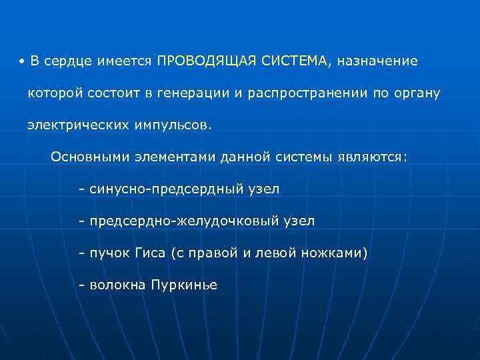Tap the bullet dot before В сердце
pos(22,62)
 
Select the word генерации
pos(193,93)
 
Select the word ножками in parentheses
pos(335,253)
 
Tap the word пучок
pos(111,253)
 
